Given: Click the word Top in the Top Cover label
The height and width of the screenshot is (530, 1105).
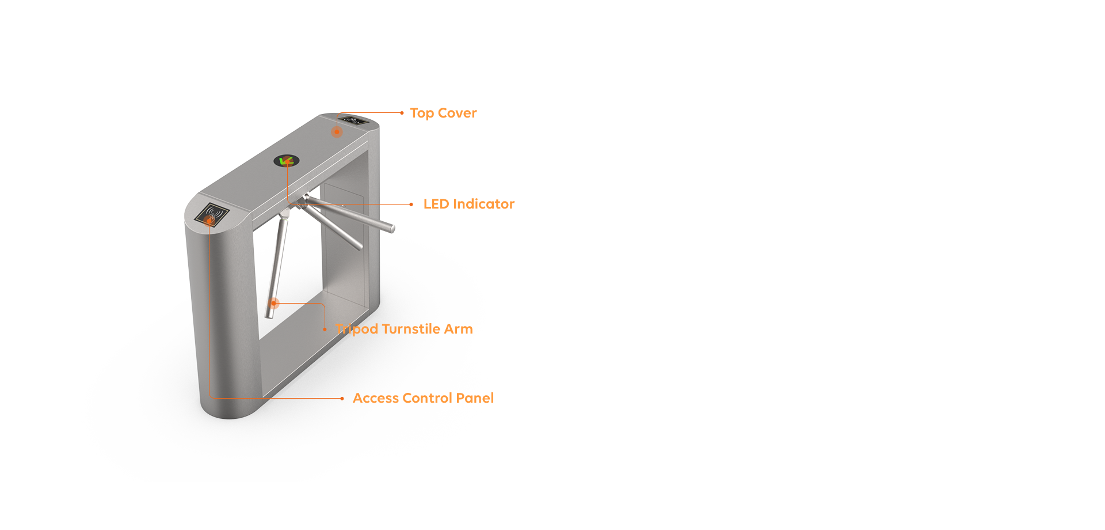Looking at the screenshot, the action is click(x=422, y=113).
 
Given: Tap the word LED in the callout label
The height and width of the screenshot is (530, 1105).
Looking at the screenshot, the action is click(x=436, y=204).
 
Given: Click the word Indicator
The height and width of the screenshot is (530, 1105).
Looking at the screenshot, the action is click(x=484, y=204).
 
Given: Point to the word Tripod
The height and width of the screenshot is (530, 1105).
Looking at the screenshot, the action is click(x=357, y=330).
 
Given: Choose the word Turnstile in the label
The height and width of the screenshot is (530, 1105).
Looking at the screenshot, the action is click(x=411, y=329).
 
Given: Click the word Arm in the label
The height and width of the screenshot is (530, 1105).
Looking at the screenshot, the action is click(x=458, y=329).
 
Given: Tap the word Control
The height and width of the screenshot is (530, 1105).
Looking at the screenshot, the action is click(x=427, y=398).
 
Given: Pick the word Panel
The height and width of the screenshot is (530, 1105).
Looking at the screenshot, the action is click(x=475, y=398).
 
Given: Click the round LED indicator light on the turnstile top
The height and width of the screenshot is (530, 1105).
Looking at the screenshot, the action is click(x=286, y=161).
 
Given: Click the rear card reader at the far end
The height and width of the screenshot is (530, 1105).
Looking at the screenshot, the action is click(x=353, y=120).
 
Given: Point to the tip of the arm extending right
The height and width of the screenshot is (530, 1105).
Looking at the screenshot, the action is click(x=392, y=229).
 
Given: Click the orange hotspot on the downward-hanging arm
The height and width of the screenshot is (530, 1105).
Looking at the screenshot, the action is click(x=275, y=303).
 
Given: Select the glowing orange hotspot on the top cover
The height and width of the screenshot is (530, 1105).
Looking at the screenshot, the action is click(x=337, y=132).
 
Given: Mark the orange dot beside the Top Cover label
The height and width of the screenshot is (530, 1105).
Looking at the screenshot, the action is click(x=402, y=113).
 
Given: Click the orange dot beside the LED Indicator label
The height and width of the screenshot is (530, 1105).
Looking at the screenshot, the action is click(x=411, y=205).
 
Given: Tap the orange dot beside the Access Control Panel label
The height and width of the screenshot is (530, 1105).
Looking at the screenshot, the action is click(x=342, y=399).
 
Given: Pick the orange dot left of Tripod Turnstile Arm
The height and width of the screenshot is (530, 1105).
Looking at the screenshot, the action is click(x=325, y=329).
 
